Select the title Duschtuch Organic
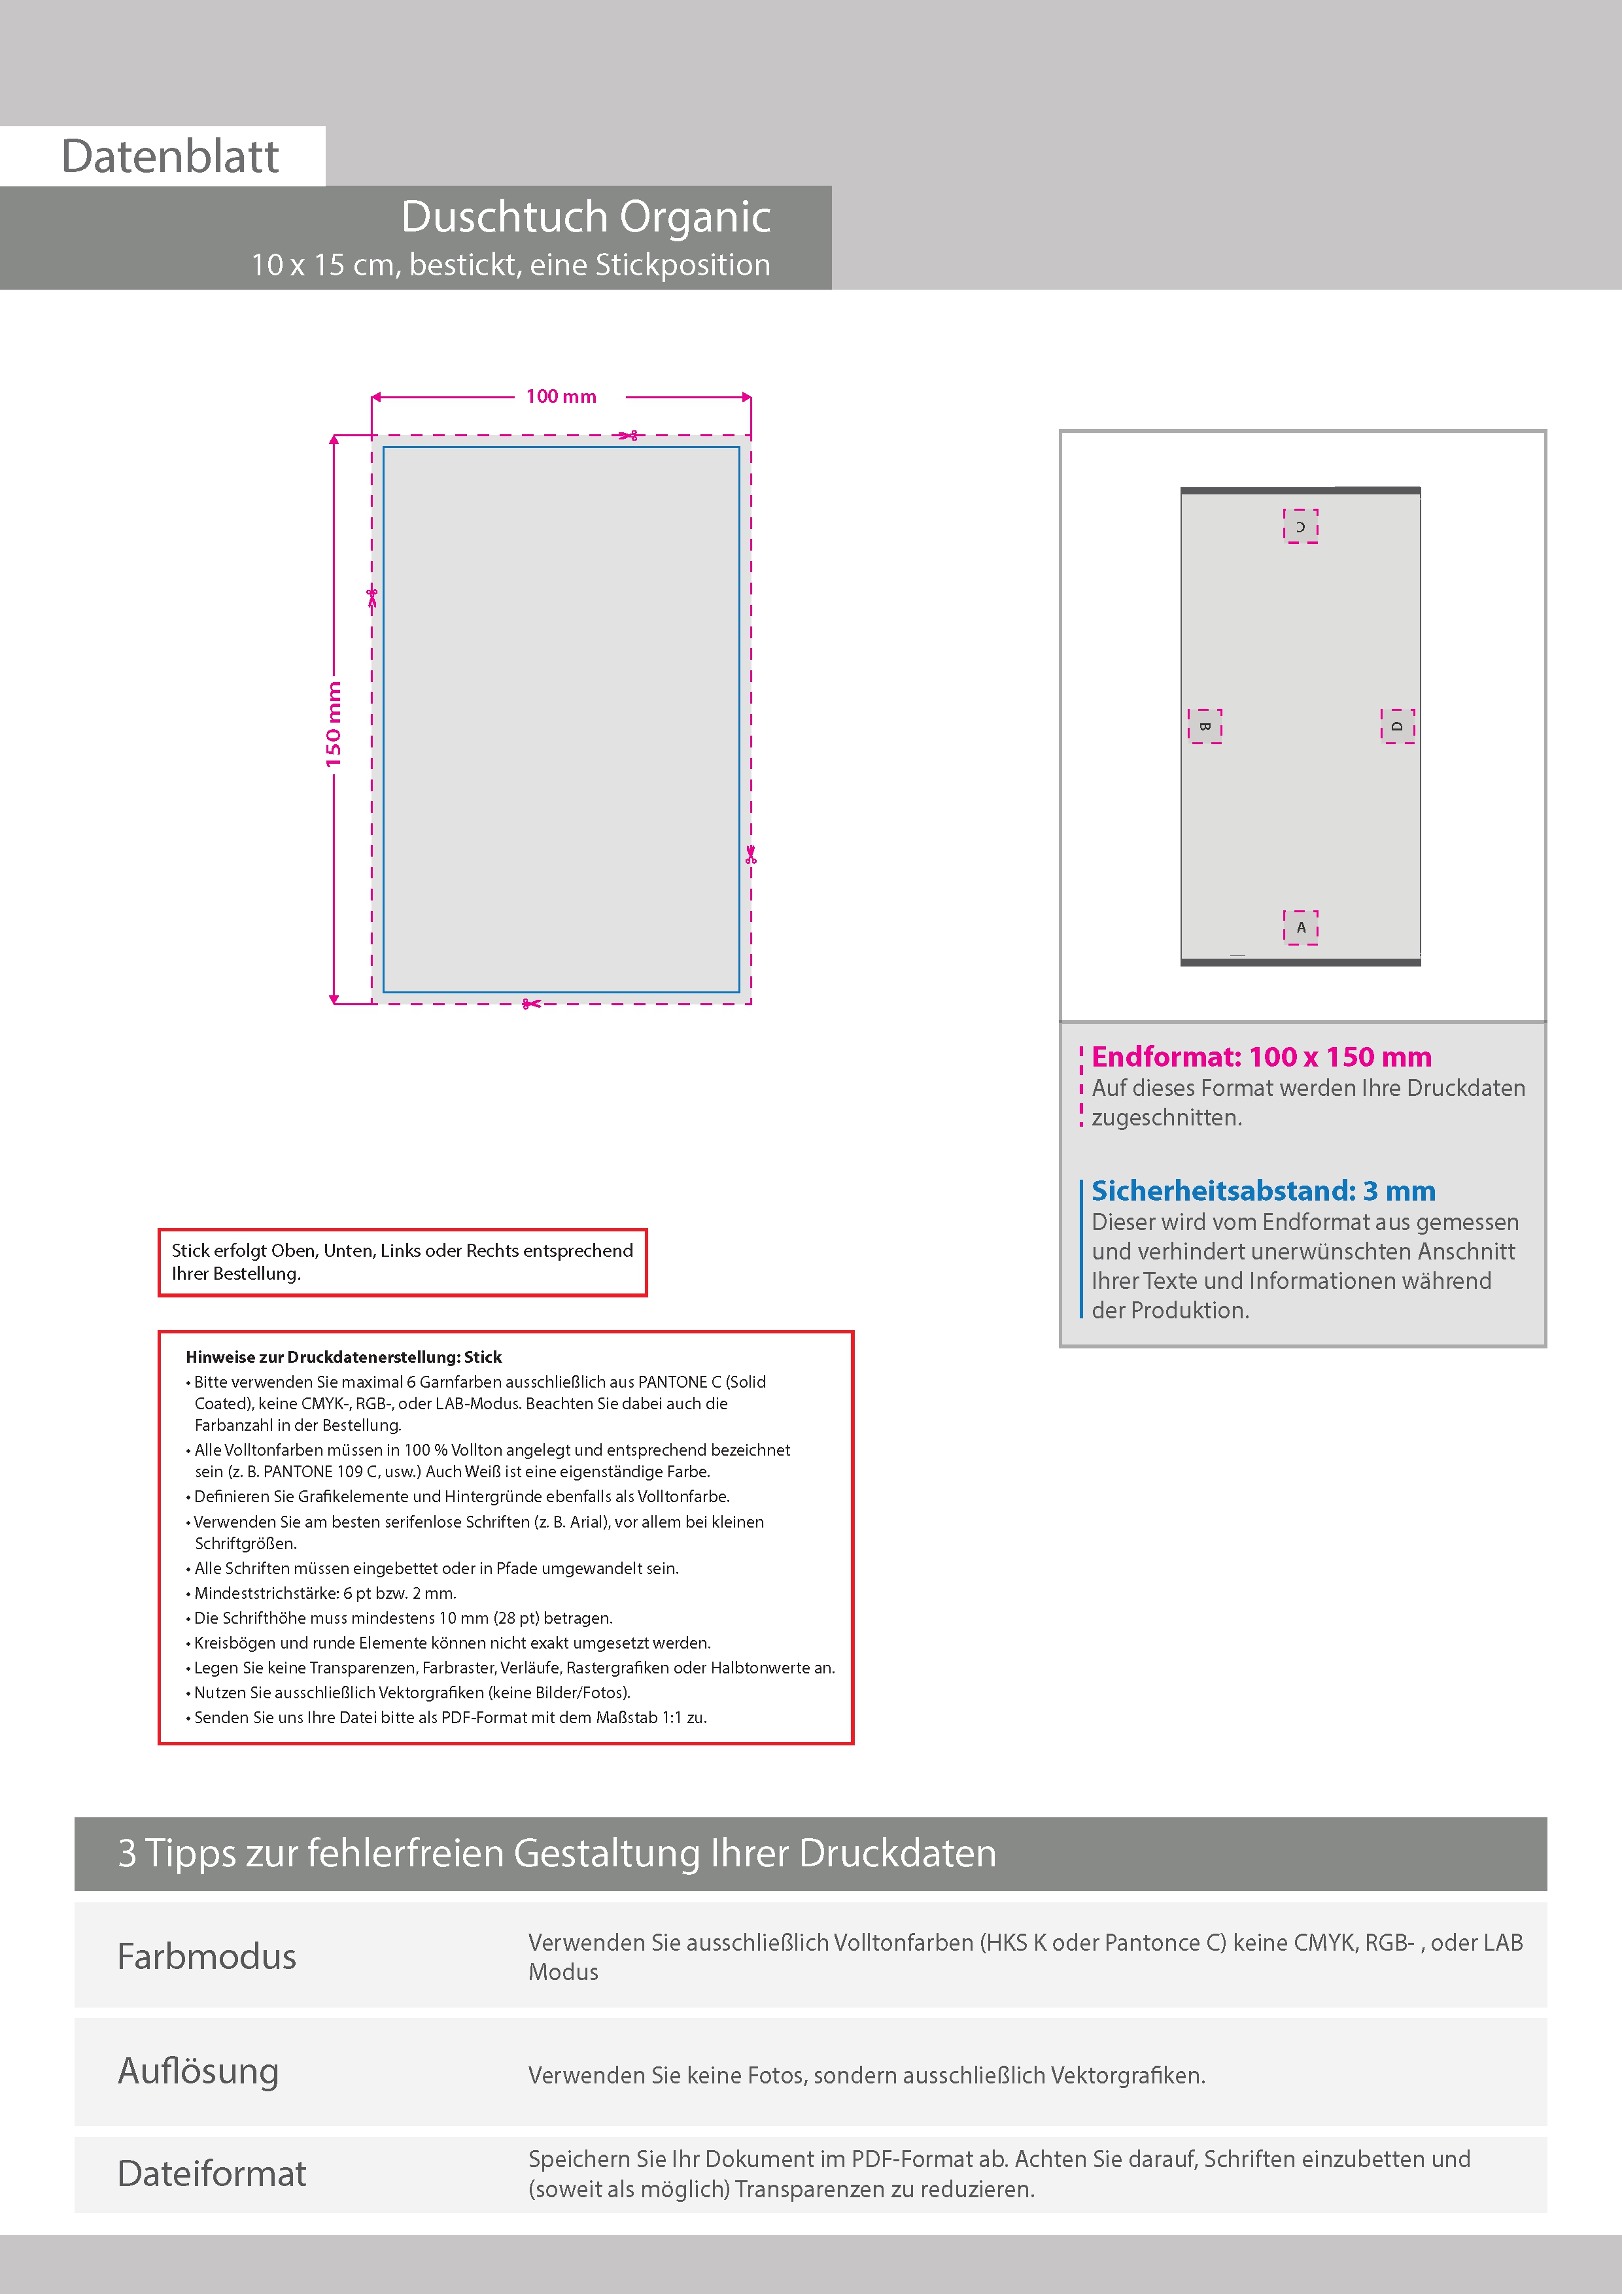coord(585,217)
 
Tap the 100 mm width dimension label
coord(561,397)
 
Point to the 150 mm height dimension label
coord(333,725)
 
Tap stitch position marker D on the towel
coord(1397,727)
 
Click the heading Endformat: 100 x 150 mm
coord(1261,1056)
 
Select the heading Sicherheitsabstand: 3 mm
coord(1263,1190)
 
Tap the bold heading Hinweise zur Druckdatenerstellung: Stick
coord(344,1357)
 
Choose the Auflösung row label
coord(198,2071)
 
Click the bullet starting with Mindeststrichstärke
coord(320,1592)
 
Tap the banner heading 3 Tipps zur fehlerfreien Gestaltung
coord(557,1853)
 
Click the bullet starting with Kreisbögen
coord(449,1643)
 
